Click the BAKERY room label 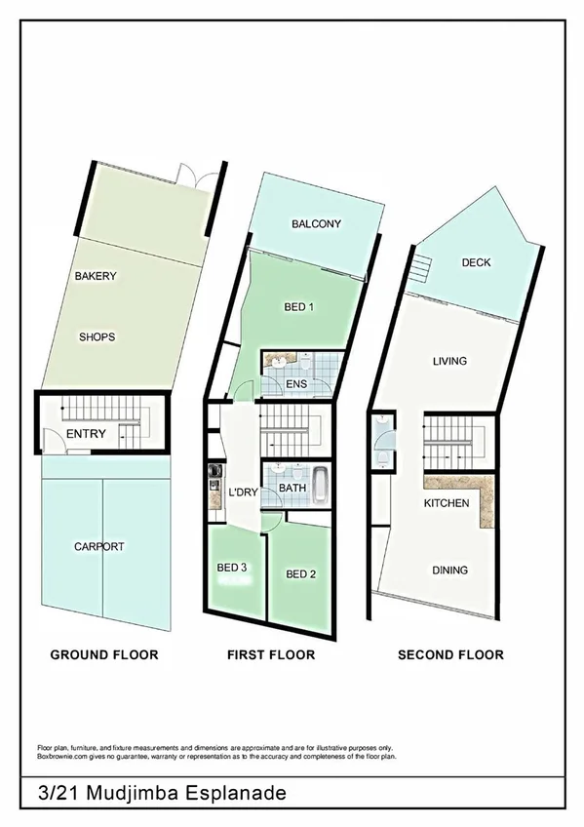(x=96, y=276)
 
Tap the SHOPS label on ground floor (x=97, y=337)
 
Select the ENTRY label (x=86, y=434)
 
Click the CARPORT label (x=99, y=547)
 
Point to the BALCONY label (x=316, y=224)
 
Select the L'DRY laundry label (x=242, y=492)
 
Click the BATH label (x=293, y=488)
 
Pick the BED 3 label (x=232, y=567)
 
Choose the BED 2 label (x=300, y=574)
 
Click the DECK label (x=476, y=262)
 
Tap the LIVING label (x=449, y=361)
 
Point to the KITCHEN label (x=447, y=503)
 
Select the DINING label (x=449, y=571)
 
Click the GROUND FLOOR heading (x=103, y=654)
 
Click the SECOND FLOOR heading (x=450, y=654)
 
